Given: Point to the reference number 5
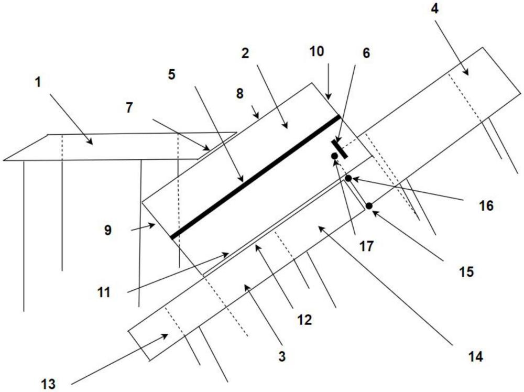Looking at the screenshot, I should [171, 74].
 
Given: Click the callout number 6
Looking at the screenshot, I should [366, 53].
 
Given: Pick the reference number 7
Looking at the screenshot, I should [129, 108].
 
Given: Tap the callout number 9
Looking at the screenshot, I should [107, 230].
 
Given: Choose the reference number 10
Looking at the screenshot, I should [317, 51].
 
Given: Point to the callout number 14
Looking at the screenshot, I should [475, 357].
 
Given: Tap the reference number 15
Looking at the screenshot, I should [466, 271].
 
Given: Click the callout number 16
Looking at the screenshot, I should [486, 205].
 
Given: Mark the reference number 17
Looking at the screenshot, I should [367, 246].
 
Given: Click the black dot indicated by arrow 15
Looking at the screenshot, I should [369, 206].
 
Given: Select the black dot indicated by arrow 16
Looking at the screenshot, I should [348, 179].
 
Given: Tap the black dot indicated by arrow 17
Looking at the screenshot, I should [334, 156].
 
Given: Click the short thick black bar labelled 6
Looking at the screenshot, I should [340, 149].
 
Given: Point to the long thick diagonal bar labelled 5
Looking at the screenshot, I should [256, 176].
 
